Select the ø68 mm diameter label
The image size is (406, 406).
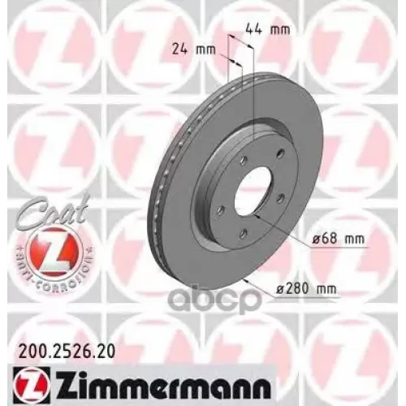pyautogui.click(x=335, y=238)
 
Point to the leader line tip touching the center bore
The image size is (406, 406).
pyautogui.click(x=257, y=217)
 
